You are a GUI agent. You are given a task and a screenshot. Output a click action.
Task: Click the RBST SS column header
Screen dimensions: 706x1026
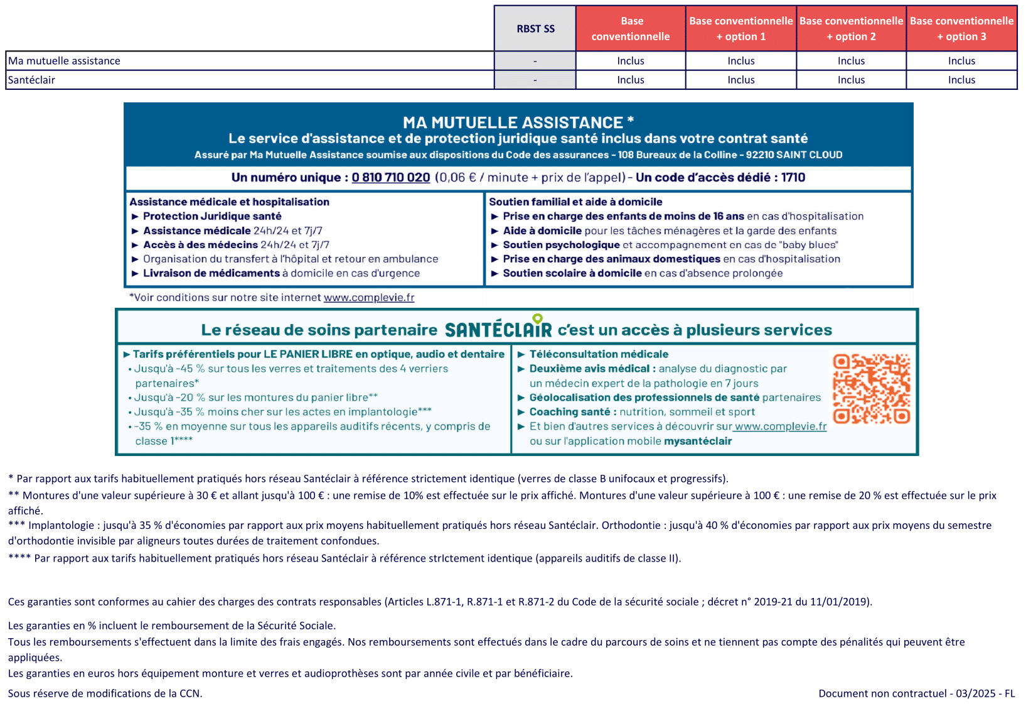coord(535,29)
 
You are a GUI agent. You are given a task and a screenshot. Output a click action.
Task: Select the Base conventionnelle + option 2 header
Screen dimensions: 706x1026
coord(851,29)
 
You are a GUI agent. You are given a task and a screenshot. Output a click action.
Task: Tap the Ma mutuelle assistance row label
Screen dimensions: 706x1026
coord(64,61)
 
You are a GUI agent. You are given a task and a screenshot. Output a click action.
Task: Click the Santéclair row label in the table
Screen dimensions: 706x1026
coord(31,80)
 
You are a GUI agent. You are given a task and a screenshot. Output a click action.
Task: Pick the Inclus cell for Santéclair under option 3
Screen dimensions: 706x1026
coord(961,80)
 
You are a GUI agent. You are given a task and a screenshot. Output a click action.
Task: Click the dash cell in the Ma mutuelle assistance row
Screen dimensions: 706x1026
coord(535,61)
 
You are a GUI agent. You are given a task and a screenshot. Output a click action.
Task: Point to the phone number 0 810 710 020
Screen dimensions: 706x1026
coord(390,178)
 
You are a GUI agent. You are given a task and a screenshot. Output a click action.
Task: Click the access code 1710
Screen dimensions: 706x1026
coord(793,178)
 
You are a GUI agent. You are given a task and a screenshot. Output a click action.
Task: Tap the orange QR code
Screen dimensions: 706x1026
coord(871,388)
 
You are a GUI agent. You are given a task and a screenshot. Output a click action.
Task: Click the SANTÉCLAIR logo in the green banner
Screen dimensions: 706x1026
coord(498,329)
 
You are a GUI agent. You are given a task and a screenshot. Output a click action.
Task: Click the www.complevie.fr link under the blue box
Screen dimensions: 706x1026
coord(369,298)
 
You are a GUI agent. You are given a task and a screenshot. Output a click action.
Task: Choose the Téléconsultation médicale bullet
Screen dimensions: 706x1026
coord(599,354)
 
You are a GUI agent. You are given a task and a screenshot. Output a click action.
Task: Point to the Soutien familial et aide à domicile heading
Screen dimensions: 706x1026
coord(575,202)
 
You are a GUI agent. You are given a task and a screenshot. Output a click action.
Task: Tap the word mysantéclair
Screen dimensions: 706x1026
coord(698,441)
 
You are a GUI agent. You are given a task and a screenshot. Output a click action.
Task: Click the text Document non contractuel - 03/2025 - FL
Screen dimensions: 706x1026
coord(916,693)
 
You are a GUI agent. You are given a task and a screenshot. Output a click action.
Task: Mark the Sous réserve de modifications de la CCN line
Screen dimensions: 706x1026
coord(105,693)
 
